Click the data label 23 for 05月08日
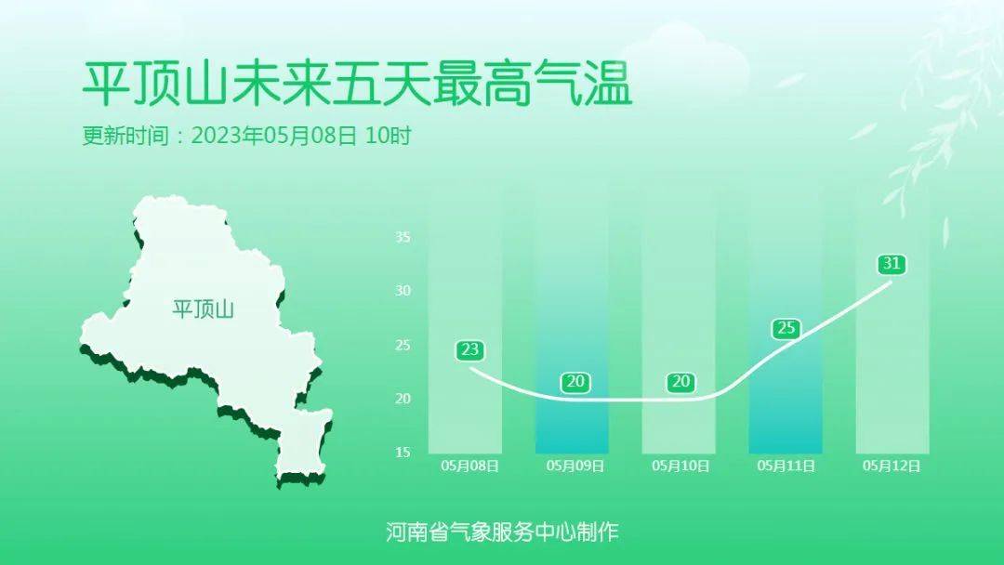(470, 350)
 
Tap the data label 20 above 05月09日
(575, 382)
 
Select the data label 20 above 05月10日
(680, 382)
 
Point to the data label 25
(786, 328)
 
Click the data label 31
(892, 263)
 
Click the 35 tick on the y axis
(403, 237)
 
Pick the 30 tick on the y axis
(403, 291)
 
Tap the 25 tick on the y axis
(403, 345)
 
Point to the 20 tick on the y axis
(403, 398)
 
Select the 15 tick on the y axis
(403, 452)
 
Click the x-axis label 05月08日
(470, 466)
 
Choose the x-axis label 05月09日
(575, 466)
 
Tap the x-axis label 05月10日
(680, 466)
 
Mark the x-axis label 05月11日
(786, 466)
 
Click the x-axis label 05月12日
(892, 466)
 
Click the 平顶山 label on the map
(204, 309)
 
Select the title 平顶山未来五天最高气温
(357, 84)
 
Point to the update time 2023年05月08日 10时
(301, 136)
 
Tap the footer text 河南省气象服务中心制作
(502, 532)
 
